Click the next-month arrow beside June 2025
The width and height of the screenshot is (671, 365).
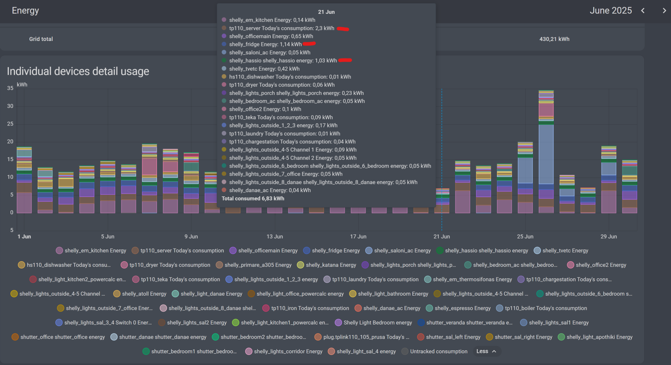tap(664, 11)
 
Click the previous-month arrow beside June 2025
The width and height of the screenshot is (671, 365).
tap(643, 11)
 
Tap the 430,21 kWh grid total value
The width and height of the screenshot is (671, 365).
tap(554, 39)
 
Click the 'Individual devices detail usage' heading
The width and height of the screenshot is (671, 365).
tap(78, 71)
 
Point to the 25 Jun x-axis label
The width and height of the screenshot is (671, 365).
tap(525, 236)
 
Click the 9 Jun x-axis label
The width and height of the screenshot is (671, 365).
tap(191, 236)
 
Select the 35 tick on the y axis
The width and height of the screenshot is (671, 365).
tap(10, 88)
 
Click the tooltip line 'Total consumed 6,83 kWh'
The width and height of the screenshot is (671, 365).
tap(253, 199)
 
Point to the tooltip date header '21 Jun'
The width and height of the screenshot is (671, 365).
tap(326, 12)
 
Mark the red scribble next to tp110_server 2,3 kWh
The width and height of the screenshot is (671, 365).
tap(343, 29)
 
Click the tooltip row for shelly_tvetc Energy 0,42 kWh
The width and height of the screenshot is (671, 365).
tap(264, 69)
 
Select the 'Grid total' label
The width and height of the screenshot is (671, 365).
tap(41, 39)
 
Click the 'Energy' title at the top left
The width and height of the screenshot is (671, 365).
tap(25, 11)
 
